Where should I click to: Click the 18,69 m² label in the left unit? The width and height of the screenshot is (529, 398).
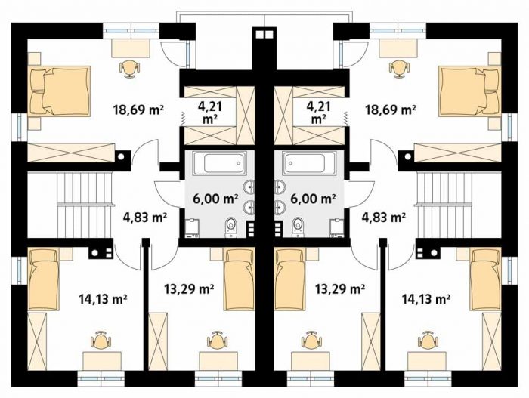tap(139, 110)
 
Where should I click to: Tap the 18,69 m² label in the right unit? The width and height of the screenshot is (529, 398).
tap(391, 110)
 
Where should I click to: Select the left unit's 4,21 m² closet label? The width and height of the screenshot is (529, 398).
tap(209, 113)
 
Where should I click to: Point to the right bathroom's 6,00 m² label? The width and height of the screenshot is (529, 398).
tap(313, 199)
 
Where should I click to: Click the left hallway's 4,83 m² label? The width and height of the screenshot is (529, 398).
tap(145, 218)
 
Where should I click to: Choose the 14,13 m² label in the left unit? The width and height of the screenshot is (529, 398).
tap(103, 298)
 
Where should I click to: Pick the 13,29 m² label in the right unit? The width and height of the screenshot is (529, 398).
tap(340, 288)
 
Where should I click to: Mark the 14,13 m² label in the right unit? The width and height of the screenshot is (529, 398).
tap(425, 298)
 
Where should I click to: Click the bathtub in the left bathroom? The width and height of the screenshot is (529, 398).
tap(219, 163)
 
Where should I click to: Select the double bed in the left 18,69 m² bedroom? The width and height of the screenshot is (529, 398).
tap(60, 91)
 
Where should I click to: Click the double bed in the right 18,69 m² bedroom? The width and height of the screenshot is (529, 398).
tap(469, 91)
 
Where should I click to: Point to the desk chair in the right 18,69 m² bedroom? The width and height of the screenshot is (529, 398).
tap(399, 69)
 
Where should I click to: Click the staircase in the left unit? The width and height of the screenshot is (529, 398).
tap(85, 205)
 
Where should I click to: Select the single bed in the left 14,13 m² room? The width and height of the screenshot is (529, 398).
tap(44, 279)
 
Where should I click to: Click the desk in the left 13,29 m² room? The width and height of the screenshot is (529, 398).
tap(218, 361)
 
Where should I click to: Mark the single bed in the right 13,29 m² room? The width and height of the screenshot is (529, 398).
tap(289, 279)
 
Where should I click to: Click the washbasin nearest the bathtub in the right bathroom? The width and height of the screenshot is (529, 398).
tap(280, 187)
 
